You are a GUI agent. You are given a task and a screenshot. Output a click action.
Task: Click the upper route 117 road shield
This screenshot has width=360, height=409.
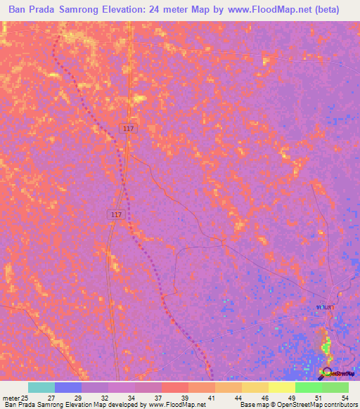click(x=127, y=129)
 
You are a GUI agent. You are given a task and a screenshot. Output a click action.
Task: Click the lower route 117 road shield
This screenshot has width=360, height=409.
click(x=117, y=214)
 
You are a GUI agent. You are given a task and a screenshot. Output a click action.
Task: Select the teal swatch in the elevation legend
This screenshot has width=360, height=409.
click(x=41, y=387)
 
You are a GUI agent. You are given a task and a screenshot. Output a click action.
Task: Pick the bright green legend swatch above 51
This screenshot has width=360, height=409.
click(x=308, y=387)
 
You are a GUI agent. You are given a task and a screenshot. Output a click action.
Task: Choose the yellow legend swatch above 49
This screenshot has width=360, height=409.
click(x=281, y=387)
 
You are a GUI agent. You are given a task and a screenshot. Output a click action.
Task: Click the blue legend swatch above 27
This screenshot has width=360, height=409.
click(x=68, y=387)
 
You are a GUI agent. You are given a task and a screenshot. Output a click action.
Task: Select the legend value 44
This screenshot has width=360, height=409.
click(x=238, y=398)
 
